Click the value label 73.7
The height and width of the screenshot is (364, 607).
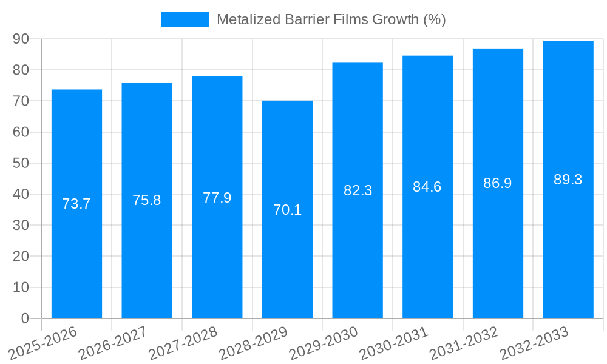point(76,204)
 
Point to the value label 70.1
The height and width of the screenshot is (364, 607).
point(287,210)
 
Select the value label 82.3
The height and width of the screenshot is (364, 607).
point(358,190)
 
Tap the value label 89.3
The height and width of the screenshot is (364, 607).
point(568,180)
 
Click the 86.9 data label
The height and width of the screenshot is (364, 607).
point(498,183)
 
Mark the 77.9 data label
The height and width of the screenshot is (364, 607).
point(217,198)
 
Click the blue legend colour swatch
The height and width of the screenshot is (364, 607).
point(185,19)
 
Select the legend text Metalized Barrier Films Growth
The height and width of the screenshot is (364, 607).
point(331,19)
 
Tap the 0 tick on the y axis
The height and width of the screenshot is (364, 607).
point(25,318)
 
